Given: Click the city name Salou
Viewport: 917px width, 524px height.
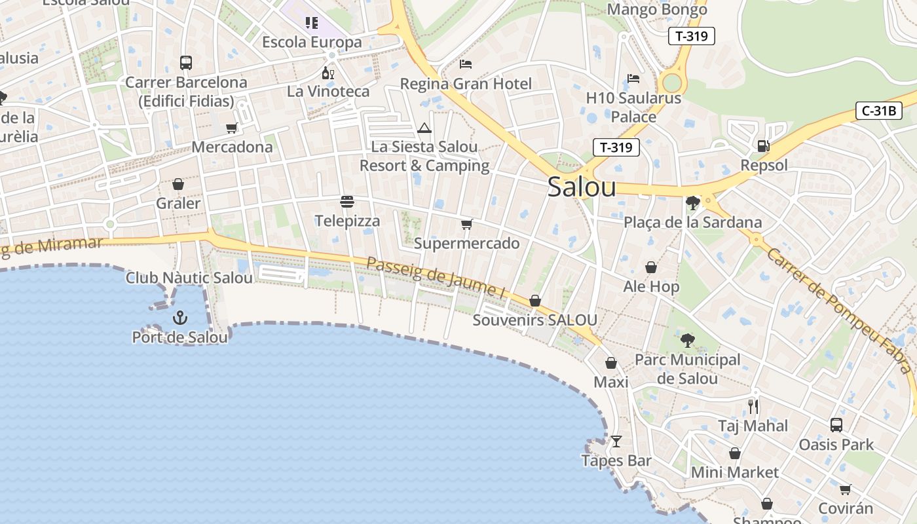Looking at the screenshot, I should [582, 187].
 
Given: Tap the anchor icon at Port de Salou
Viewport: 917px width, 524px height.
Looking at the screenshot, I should [180, 318].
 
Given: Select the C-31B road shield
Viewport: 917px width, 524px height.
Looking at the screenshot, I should [878, 111].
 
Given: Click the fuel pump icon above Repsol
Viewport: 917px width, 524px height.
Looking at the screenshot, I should [763, 146].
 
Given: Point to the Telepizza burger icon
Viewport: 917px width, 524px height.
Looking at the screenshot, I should [347, 202].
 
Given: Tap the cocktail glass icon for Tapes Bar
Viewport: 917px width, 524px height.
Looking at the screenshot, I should [616, 441].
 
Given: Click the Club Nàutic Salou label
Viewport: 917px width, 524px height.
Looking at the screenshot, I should [189, 278].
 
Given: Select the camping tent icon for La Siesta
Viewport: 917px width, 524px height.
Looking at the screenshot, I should [424, 128].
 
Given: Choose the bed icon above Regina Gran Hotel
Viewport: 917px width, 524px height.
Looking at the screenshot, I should [466, 64].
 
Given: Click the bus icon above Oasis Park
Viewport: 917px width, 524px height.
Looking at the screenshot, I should [836, 425].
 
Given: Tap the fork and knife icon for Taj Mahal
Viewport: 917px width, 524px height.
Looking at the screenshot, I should [753, 407].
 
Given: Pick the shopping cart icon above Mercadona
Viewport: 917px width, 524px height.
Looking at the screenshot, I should [231, 128].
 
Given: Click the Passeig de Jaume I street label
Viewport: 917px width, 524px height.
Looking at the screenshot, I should [436, 278].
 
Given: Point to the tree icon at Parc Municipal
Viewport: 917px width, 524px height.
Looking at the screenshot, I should [687, 341].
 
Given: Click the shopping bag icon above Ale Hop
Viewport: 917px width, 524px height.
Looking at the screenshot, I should [651, 267].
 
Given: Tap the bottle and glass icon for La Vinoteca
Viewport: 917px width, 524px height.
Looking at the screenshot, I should [328, 73].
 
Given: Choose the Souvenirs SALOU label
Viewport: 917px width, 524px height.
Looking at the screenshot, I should [534, 320].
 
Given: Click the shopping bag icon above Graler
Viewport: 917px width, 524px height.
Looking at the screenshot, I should [178, 185].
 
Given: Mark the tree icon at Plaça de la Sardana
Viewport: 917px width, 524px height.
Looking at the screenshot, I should [692, 204].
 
